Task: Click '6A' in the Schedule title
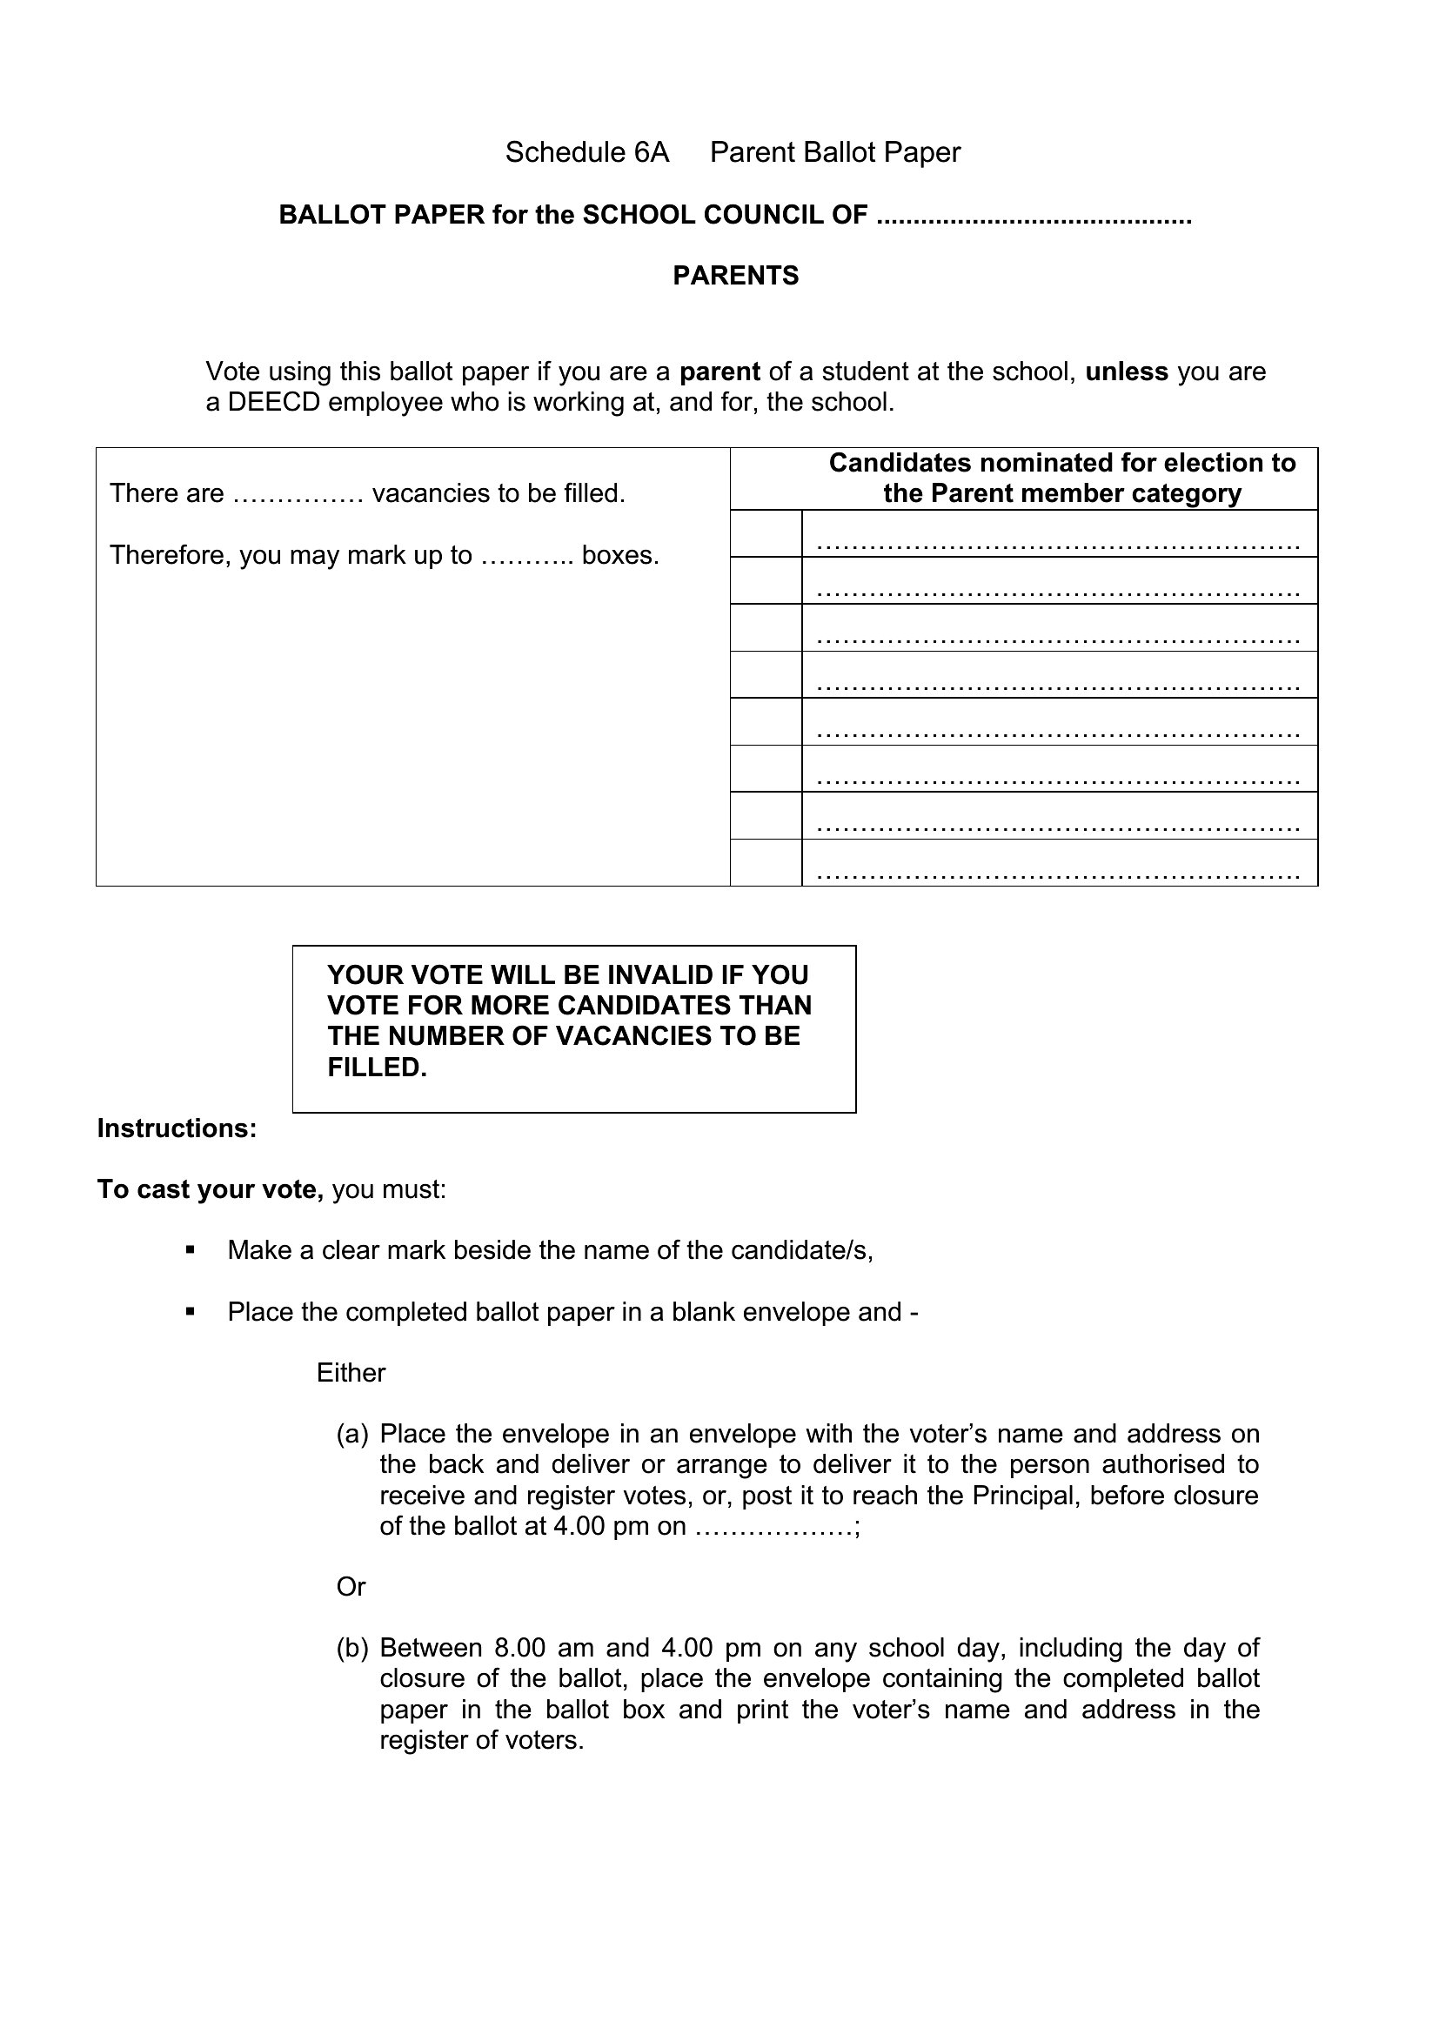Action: (652, 152)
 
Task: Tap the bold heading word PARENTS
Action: (735, 276)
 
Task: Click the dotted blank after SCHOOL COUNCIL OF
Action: (1034, 218)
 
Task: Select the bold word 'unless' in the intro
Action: (1126, 372)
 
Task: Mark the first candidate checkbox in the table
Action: (766, 533)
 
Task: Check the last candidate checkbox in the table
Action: (766, 862)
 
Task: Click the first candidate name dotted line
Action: (1058, 541)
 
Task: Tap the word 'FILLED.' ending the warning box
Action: (378, 1068)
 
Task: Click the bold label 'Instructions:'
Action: (177, 1128)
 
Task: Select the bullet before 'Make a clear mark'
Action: (190, 1250)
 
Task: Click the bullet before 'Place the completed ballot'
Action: (190, 1312)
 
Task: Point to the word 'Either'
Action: (351, 1373)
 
